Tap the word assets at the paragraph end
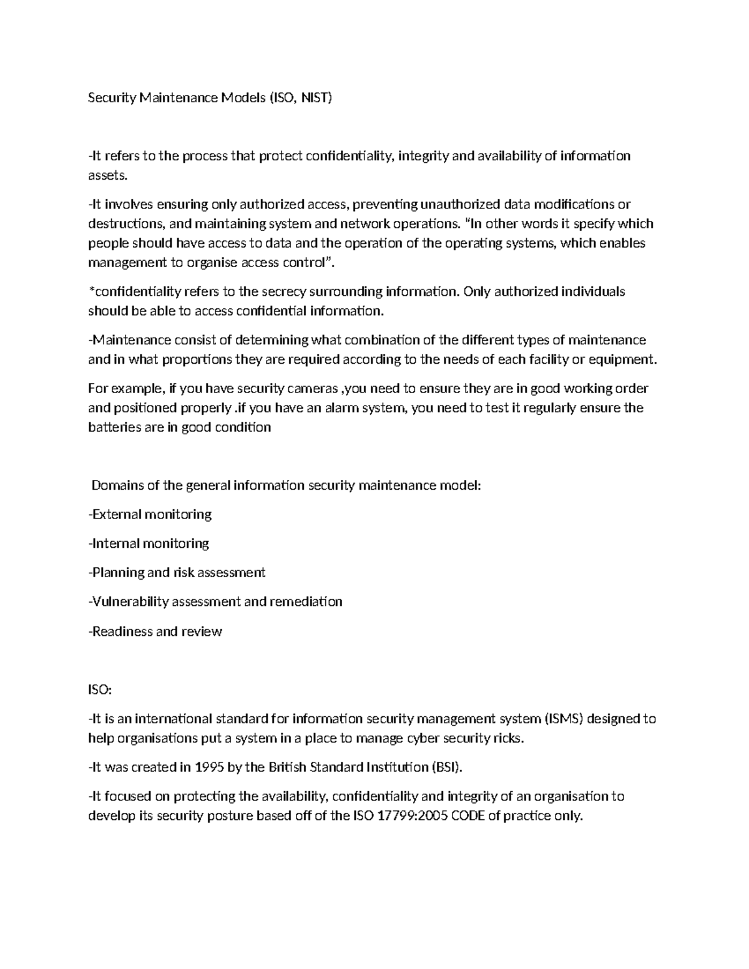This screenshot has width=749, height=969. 107,175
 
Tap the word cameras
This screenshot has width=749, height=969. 313,389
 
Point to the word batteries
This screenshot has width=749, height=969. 114,427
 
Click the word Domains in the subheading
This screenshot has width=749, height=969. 115,485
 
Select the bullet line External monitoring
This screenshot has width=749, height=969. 150,515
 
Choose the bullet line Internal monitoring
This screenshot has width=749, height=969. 149,543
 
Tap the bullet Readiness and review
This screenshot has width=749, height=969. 155,631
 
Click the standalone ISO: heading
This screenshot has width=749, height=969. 100,689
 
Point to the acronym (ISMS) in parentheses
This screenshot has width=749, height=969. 564,719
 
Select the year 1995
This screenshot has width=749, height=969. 209,767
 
